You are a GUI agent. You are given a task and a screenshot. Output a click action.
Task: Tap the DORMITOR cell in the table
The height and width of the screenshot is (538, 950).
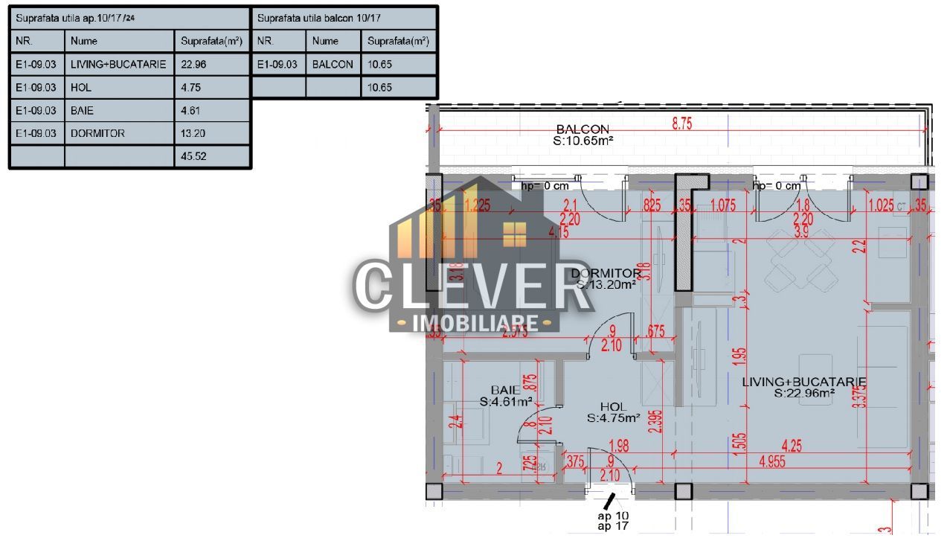97,133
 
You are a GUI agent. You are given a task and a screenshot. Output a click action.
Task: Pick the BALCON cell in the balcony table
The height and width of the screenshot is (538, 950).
333,64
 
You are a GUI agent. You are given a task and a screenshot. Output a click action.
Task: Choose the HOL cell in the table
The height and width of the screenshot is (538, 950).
81,87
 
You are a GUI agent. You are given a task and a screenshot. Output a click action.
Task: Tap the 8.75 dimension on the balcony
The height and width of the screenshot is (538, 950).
681,124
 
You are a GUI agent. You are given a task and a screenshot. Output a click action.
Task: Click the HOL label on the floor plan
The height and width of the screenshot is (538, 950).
613,407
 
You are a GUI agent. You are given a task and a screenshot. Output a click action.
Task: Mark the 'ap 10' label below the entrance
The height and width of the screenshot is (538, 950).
613,516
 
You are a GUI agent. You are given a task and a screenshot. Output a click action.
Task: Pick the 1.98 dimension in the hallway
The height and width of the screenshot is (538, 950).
619,446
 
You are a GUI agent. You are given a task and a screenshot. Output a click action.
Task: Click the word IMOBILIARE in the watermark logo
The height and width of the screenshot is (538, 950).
475,323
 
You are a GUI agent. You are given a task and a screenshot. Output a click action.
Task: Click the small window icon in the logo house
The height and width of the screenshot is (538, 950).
514,234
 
